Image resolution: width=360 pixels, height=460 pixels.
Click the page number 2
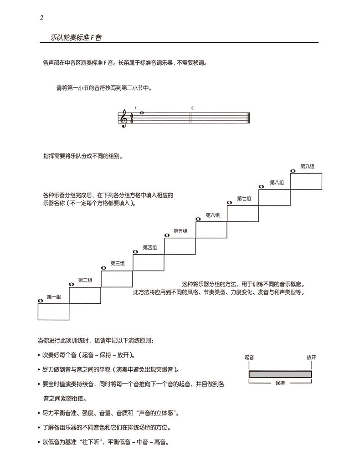[41, 18]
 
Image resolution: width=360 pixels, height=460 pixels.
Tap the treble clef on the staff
[124, 118]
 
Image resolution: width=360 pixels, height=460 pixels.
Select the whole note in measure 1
[142, 112]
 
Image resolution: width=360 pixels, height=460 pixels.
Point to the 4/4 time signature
[131, 118]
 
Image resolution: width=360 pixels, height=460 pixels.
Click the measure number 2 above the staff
[192, 108]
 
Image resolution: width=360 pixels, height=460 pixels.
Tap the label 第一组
[54, 297]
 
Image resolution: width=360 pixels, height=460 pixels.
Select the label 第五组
[180, 231]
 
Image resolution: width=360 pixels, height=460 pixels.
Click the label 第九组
[307, 166]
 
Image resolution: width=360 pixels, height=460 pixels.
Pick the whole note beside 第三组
[103, 268]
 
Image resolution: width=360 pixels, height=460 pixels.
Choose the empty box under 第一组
[53, 312]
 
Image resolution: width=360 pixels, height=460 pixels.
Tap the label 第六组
[212, 215]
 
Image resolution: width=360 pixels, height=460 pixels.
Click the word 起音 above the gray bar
[249, 358]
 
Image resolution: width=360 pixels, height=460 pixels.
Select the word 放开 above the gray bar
[311, 358]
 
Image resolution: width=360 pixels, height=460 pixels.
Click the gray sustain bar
[280, 374]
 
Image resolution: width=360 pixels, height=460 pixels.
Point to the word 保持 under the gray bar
[280, 383]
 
